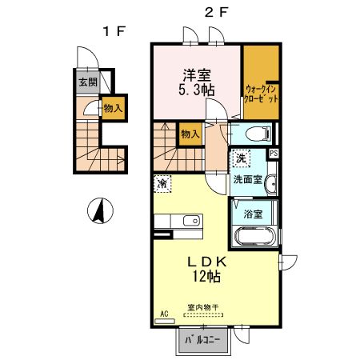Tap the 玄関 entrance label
click(87, 82)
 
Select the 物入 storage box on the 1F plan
click(112, 107)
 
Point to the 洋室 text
click(197, 76)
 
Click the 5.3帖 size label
click(197, 91)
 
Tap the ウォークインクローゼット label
click(262, 95)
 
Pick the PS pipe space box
click(274, 154)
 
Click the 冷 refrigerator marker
click(162, 184)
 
